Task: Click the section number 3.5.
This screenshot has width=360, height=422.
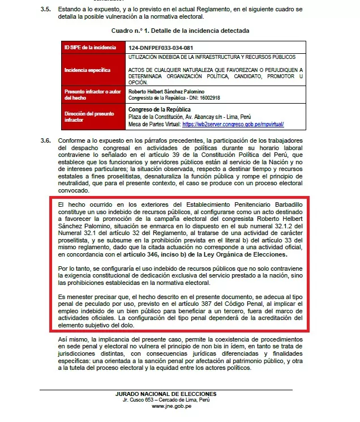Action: [x=46, y=10]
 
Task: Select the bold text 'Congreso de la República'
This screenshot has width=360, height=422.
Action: [x=160, y=109]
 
